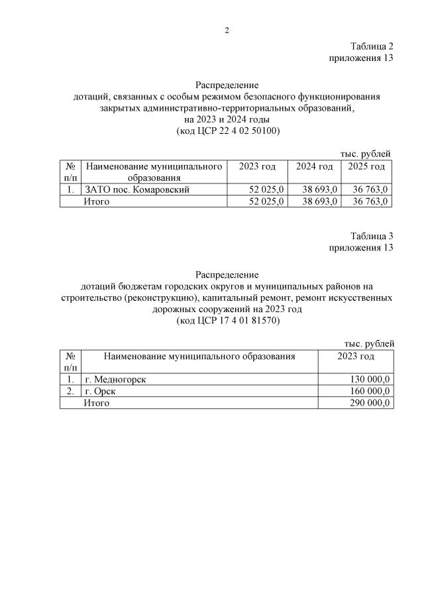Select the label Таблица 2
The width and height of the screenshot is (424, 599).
pyautogui.click(x=372, y=46)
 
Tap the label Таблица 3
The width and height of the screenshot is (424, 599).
pyautogui.click(x=372, y=236)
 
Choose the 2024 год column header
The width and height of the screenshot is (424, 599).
pyautogui.click(x=314, y=166)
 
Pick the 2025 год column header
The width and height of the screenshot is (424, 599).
pyautogui.click(x=366, y=166)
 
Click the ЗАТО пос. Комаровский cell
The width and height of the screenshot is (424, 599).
pyautogui.click(x=138, y=190)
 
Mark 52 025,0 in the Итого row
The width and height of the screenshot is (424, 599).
pyautogui.click(x=266, y=201)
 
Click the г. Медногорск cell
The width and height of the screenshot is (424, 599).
pyautogui.click(x=115, y=379)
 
